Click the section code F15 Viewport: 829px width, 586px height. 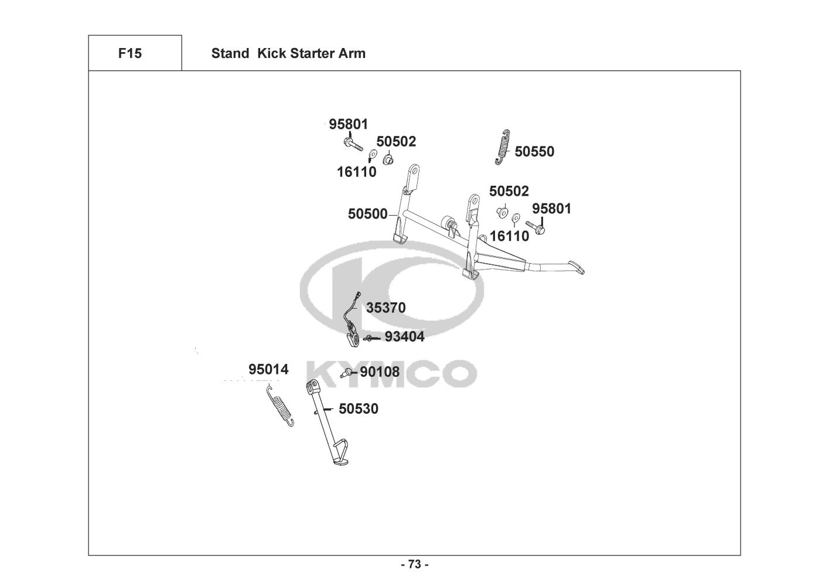tap(129, 53)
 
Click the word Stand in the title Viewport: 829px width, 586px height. tap(230, 53)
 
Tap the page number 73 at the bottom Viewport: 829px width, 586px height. tap(414, 564)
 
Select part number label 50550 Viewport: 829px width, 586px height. tap(534, 152)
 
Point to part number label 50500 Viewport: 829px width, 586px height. tap(367, 214)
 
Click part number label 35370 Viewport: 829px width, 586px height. tap(386, 308)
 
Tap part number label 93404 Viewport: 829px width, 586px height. tap(404, 337)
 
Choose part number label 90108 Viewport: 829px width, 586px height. tap(380, 372)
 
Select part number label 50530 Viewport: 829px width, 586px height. tap(359, 408)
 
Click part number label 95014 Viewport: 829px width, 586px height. tap(268, 369)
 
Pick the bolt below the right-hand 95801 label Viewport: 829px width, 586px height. tap(535, 226)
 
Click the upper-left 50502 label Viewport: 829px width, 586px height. tap(396, 141)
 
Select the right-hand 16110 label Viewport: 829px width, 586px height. tap(509, 236)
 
